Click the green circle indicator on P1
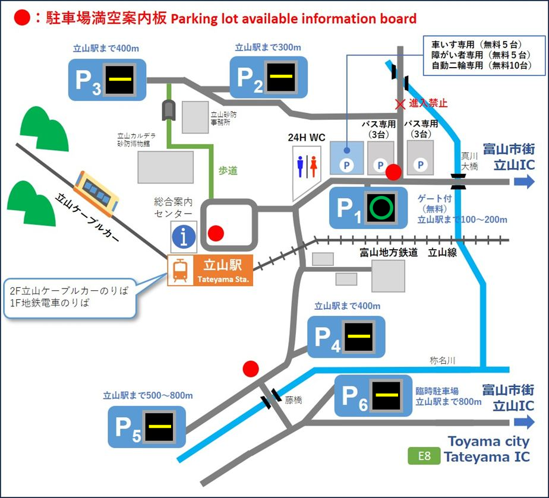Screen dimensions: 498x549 coord(380,208)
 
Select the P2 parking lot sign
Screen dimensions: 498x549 coord(268,77)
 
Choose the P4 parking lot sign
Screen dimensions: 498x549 coord(346,337)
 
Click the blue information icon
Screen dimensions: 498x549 coord(184,237)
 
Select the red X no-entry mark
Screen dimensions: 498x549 coord(401,103)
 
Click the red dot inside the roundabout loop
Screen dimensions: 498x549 coord(216,233)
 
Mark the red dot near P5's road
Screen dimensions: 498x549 coord(251,369)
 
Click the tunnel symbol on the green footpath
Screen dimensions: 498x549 coord(169,110)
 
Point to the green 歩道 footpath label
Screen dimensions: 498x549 coord(228,171)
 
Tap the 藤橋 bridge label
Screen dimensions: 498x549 coord(294,400)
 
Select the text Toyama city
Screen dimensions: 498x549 coord(488,442)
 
